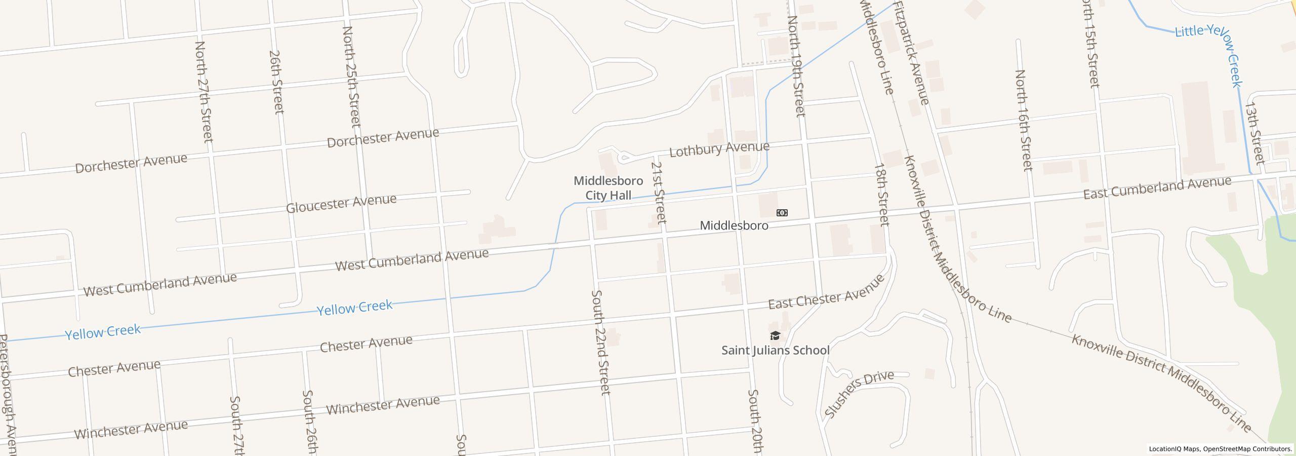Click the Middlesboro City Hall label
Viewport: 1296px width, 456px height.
(608, 188)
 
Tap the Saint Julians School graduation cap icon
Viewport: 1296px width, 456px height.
(775, 335)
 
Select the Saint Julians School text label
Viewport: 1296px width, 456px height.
(775, 350)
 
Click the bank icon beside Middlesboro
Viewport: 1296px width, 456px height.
(782, 213)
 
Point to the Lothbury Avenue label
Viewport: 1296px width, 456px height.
(719, 149)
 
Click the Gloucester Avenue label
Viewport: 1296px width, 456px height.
(341, 203)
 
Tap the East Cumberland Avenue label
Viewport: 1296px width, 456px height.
(1157, 187)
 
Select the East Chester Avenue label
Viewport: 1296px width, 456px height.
(826, 292)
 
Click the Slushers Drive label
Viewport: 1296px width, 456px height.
(859, 393)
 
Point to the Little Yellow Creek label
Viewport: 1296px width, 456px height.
(1210, 51)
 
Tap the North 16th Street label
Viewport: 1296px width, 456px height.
(1023, 120)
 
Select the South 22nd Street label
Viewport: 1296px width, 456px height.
(601, 342)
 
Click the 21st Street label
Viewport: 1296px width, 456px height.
(659, 193)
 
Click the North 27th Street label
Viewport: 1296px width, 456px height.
(204, 91)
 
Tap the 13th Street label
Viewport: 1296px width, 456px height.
(1254, 133)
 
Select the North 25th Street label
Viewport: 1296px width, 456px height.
(351, 77)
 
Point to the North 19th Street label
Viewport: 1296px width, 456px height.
(796, 66)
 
